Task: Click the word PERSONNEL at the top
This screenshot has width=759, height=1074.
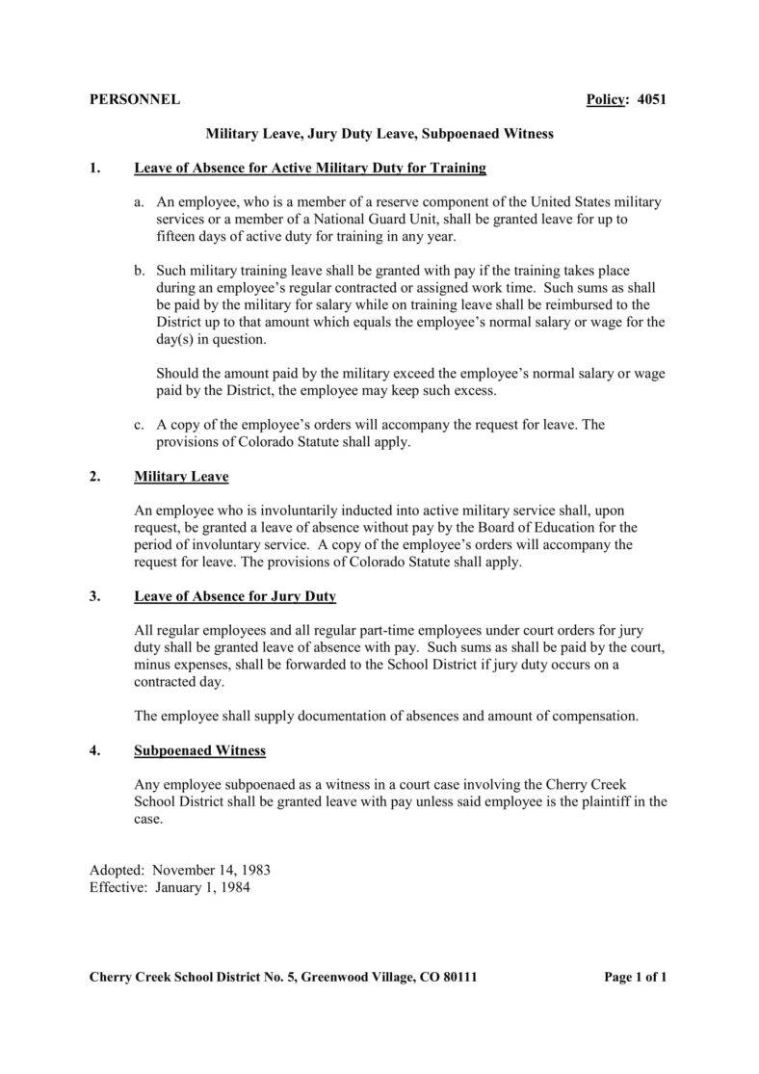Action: pyautogui.click(x=134, y=100)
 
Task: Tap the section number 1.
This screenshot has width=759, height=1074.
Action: pyautogui.click(x=94, y=169)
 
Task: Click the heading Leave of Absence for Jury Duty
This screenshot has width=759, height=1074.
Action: pyautogui.click(x=235, y=596)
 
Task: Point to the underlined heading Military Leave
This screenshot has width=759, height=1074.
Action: pyautogui.click(x=181, y=477)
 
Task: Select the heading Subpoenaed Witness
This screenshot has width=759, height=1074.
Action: pyautogui.click(x=199, y=749)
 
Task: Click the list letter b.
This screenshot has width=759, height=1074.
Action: pyautogui.click(x=140, y=272)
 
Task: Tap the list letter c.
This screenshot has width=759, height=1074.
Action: pyautogui.click(x=140, y=425)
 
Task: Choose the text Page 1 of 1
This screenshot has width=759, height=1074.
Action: pyautogui.click(x=635, y=977)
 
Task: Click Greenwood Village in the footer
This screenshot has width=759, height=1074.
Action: pyautogui.click(x=357, y=977)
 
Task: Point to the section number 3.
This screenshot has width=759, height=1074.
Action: pyautogui.click(x=94, y=596)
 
